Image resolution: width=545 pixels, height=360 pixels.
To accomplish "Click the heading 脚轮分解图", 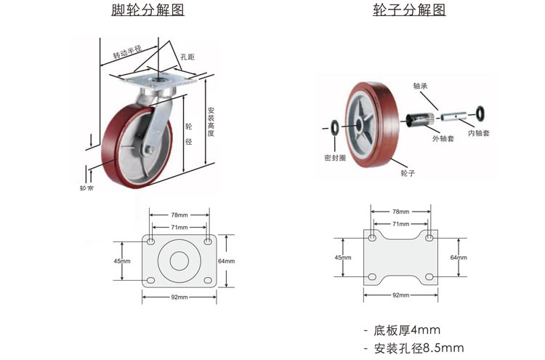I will point(148,10).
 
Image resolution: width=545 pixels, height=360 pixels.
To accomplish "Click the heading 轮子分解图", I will point(408,10).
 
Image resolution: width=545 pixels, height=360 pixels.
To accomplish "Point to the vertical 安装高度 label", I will point(211,123).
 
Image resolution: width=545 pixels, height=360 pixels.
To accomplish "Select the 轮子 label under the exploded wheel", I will point(407,173).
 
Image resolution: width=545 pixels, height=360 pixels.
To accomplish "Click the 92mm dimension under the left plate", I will point(179,297).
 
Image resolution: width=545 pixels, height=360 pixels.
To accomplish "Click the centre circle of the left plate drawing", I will point(179,260).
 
